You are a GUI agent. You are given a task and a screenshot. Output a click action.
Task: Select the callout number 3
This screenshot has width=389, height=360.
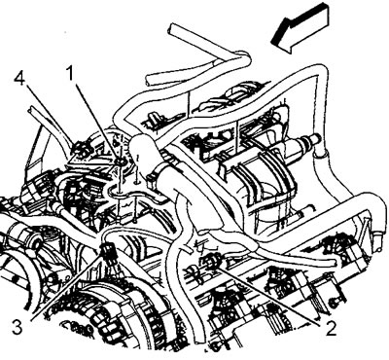click(x=17, y=327)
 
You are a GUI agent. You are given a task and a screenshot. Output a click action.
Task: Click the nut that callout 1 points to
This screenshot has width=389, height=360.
click(x=119, y=161)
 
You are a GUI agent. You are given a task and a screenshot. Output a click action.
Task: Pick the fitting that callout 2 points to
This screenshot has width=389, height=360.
click(x=210, y=261)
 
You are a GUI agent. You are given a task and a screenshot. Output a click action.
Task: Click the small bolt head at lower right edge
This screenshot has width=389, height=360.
click(x=333, y=303)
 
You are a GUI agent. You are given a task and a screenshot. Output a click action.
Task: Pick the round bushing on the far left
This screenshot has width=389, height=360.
click(x=35, y=241)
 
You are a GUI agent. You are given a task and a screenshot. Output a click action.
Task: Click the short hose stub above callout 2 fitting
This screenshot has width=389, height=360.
click(x=187, y=248)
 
